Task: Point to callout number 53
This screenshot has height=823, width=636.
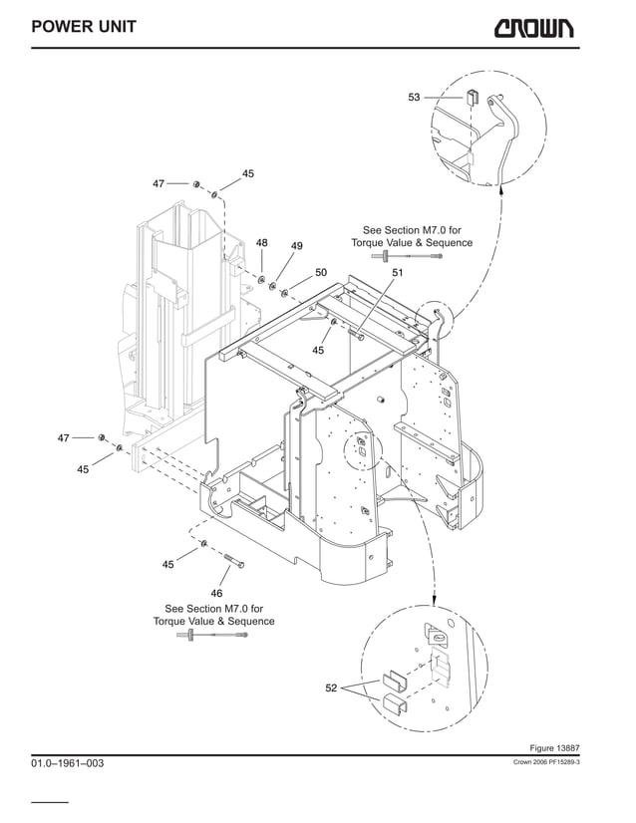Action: point(414,97)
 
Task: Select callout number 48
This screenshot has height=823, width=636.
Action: point(262,242)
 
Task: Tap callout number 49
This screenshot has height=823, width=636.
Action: point(296,245)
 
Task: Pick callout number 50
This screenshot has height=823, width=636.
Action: point(321,271)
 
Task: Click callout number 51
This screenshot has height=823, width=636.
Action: point(397,272)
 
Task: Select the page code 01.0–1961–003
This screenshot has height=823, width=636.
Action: point(67,763)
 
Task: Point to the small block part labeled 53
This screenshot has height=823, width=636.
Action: point(472,97)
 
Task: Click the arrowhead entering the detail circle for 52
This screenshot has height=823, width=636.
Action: point(435,602)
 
